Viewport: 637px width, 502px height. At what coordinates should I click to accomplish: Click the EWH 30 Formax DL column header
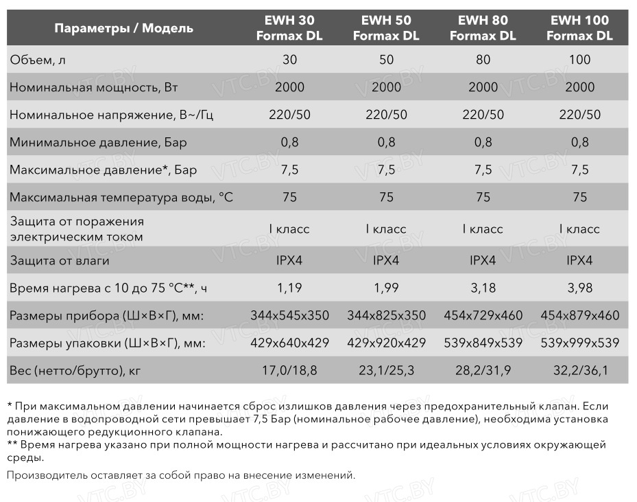[289, 28]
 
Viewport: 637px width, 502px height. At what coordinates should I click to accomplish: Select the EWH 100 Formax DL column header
[579, 28]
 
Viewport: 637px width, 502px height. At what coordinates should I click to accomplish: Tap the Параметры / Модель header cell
[123, 28]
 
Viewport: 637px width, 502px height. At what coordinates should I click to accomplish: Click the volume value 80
[483, 60]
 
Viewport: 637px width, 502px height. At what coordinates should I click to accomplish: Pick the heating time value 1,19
[289, 288]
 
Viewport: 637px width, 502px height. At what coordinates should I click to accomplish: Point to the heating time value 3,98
[579, 288]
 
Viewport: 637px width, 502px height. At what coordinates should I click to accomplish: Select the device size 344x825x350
[386, 316]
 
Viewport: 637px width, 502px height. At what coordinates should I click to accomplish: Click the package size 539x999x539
[579, 343]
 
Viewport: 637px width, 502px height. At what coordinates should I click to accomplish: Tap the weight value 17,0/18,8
[289, 372]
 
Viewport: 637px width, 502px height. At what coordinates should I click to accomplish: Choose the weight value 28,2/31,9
[483, 372]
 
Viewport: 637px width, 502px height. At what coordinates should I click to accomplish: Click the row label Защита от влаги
[59, 261]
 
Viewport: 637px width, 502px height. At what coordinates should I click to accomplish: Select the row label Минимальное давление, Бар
[97, 143]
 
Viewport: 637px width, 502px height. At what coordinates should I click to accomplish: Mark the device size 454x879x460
[579, 316]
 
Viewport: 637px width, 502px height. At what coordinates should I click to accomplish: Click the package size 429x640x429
[289, 343]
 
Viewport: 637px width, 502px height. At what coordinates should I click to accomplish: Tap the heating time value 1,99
[386, 288]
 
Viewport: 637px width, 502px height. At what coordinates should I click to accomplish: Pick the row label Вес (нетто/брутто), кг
[75, 372]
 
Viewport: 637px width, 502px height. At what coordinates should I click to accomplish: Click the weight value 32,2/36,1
[579, 372]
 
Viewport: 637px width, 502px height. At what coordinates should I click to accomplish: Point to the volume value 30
[289, 60]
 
